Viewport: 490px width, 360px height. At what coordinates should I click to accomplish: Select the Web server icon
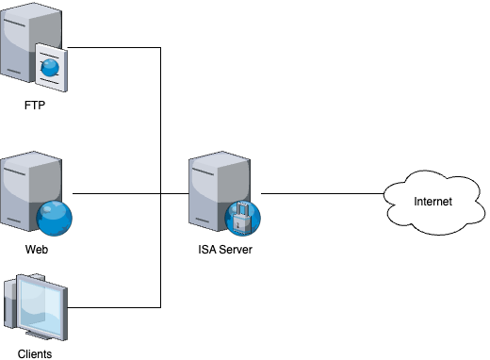[28, 192]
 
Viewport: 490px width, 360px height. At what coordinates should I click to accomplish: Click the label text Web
[36, 252]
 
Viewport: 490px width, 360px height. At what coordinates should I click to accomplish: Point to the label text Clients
[35, 354]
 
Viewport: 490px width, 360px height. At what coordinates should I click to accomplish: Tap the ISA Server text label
[224, 251]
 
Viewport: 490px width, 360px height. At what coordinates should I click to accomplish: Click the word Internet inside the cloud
[433, 202]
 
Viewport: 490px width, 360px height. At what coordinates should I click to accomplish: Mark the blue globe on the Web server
[54, 218]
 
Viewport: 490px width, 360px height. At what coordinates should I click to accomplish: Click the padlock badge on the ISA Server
[242, 216]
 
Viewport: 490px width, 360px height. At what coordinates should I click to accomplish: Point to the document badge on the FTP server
[51, 68]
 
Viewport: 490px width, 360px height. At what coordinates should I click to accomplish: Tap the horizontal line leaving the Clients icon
[113, 307]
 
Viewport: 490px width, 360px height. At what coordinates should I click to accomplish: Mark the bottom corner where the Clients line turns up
[161, 307]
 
